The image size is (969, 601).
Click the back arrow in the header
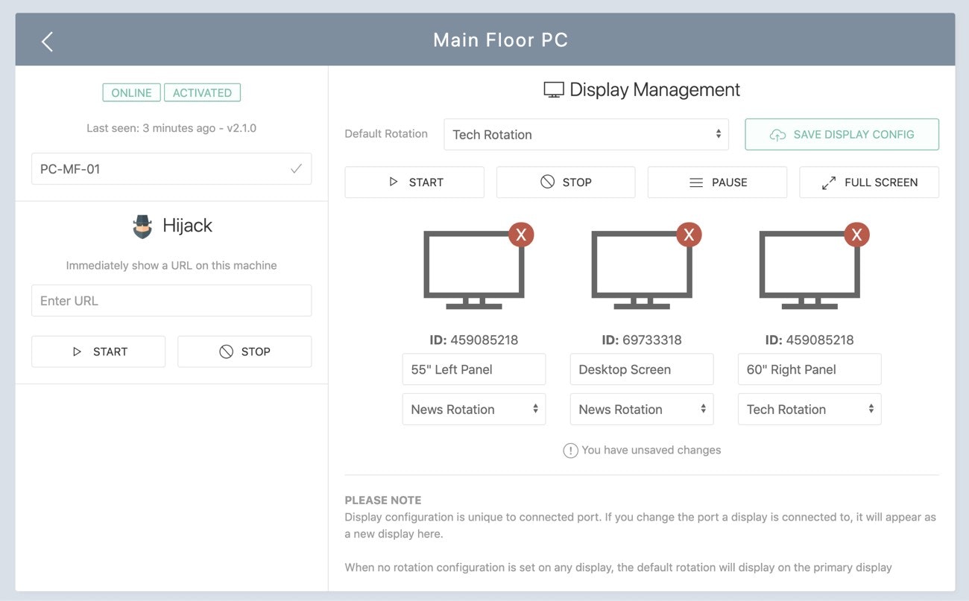(47, 42)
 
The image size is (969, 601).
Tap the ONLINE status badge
(131, 92)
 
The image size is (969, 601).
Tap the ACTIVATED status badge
(202, 92)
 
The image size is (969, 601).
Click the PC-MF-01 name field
(171, 168)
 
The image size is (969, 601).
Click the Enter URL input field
(171, 300)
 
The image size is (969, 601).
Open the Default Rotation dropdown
(586, 134)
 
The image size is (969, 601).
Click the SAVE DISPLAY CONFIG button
(842, 134)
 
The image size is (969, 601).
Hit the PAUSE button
(717, 182)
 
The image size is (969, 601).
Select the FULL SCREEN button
(869, 182)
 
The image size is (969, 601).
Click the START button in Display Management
(414, 182)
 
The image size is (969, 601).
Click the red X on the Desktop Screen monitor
(689, 235)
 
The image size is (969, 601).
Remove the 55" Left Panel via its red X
(521, 235)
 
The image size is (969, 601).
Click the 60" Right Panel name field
(809, 369)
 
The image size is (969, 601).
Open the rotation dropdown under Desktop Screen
(642, 409)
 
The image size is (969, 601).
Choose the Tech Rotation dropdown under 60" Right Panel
(809, 409)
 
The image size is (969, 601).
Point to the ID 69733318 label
(642, 340)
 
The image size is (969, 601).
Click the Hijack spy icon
(142, 226)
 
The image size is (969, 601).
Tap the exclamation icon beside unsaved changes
(570, 451)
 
